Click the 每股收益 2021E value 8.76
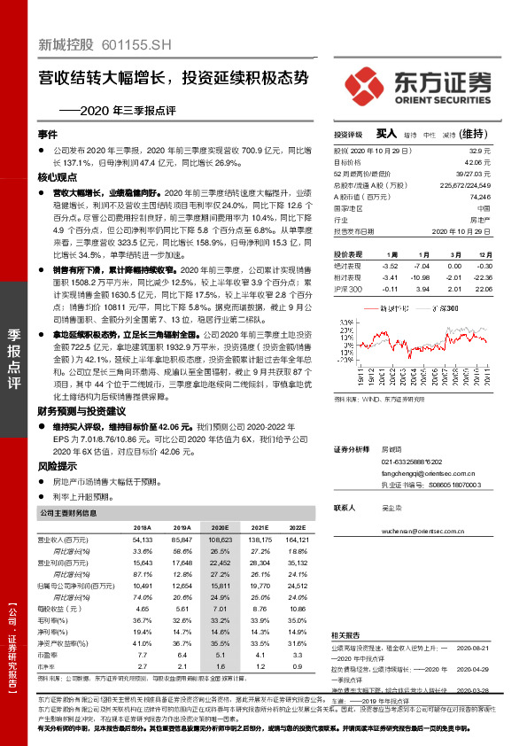click(x=260, y=609)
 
